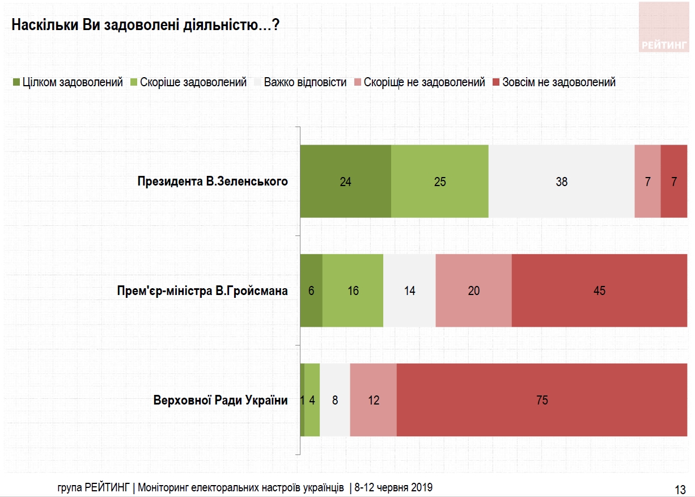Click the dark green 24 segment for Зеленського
click(345, 182)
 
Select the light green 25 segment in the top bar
click(439, 182)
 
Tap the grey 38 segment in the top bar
click(561, 182)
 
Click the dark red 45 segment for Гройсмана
click(599, 290)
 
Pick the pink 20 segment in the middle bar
click(473, 290)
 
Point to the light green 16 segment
click(353, 290)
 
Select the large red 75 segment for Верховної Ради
click(541, 400)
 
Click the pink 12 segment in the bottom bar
click(373, 400)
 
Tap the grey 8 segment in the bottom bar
click(335, 400)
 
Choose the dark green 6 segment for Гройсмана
click(311, 290)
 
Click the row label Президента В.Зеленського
click(213, 182)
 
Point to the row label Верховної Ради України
click(221, 400)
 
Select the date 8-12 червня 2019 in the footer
click(394, 487)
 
